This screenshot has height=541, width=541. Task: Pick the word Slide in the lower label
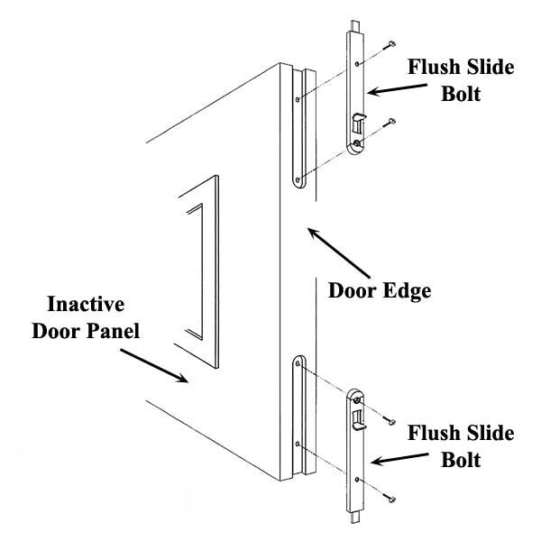488,435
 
